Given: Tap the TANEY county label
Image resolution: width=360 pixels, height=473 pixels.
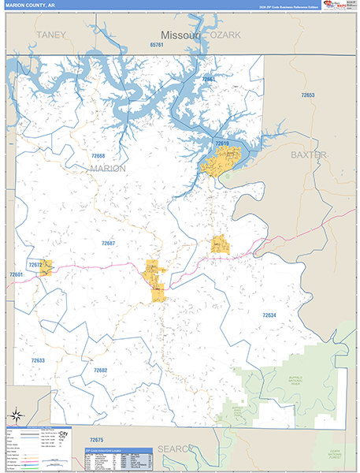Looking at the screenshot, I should pos(50,35).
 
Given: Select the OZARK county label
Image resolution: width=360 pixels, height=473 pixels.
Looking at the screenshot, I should pos(224,35).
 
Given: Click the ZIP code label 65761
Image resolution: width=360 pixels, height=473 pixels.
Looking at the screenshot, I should pos(156,45).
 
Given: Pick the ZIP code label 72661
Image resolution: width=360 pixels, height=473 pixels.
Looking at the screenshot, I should pos(208,80).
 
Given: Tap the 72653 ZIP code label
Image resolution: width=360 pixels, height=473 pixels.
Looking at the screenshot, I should pos(307,95).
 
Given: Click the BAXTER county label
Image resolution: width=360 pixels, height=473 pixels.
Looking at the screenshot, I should pos(308,155).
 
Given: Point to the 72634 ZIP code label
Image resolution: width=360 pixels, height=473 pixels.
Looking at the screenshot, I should pos(269,315).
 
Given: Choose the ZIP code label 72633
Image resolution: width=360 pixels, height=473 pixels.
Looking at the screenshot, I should pos(38,360).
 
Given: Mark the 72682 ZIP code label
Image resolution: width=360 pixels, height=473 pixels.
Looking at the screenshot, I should pos(100,370).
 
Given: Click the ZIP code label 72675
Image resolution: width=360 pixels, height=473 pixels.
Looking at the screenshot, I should pos(96,439).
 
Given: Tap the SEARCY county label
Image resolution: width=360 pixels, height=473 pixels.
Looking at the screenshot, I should pos(174,449).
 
